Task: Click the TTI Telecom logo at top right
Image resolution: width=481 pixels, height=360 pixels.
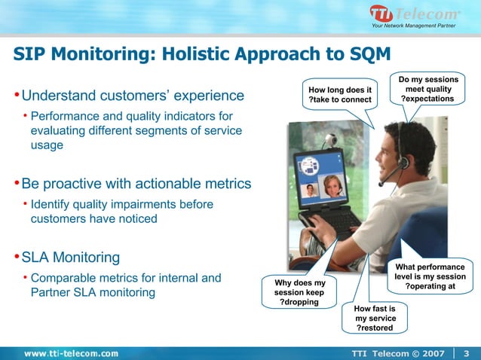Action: pos(414,14)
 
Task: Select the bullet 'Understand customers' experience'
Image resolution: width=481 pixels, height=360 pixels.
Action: pos(133,96)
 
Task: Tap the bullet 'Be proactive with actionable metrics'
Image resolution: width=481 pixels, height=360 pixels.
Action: pos(136,184)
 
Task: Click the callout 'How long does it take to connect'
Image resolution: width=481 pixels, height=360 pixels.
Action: pos(336,96)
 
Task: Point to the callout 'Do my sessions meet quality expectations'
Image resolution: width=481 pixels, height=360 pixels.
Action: pos(427,89)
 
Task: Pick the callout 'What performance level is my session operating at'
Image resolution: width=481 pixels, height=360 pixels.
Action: pos(430,276)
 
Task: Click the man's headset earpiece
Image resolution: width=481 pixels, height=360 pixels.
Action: pos(403,160)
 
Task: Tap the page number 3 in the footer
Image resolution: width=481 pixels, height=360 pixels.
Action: pos(466,353)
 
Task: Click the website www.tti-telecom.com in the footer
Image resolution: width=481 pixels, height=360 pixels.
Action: pos(71,353)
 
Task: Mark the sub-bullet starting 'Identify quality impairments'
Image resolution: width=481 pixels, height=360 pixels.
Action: pos(121,212)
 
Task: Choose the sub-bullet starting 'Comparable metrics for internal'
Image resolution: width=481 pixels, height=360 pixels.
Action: pos(125,285)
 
